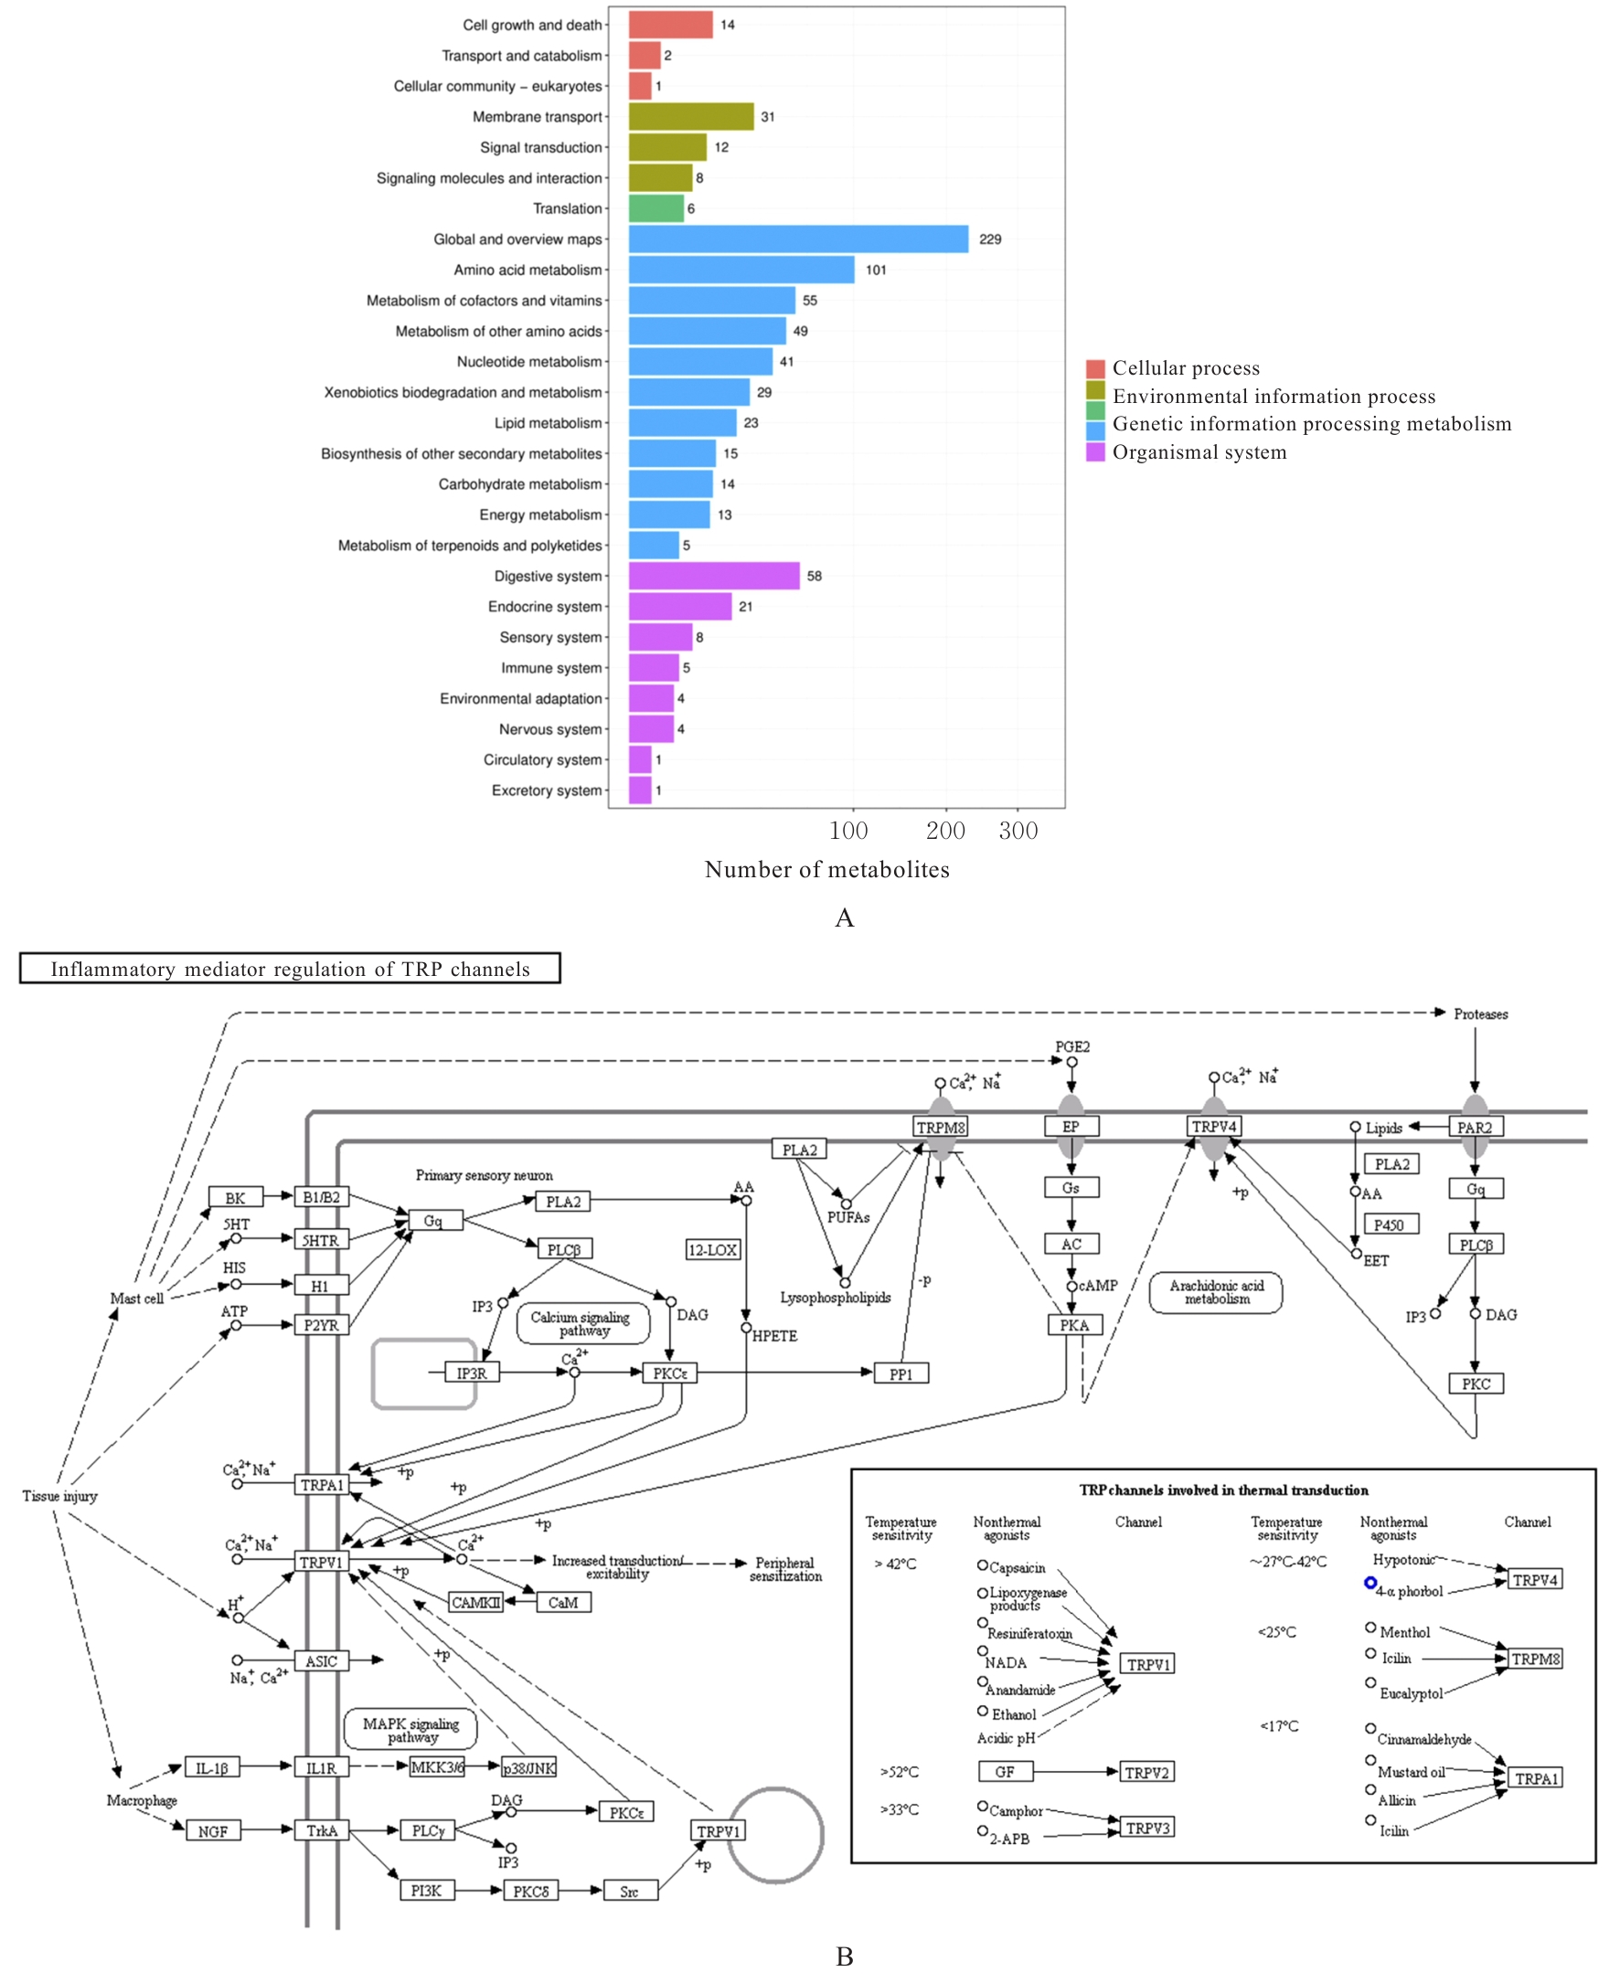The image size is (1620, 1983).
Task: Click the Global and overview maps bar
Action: click(x=798, y=239)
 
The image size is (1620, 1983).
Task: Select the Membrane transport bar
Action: click(x=690, y=117)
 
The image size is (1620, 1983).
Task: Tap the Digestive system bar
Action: click(x=714, y=576)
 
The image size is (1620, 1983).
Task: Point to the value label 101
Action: click(x=875, y=270)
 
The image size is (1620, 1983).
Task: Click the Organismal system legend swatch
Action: click(x=1094, y=452)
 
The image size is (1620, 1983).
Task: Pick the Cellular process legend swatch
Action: click(x=1094, y=368)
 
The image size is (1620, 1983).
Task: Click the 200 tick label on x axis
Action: click(x=945, y=831)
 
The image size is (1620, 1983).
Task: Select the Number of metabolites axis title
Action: click(x=826, y=869)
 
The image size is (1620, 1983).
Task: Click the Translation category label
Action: click(x=568, y=209)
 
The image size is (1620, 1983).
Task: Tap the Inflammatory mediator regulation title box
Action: click(x=289, y=968)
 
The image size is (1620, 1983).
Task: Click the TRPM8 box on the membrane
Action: click(x=941, y=1127)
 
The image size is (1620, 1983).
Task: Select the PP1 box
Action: click(x=901, y=1373)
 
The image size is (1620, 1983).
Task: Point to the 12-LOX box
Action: click(x=713, y=1250)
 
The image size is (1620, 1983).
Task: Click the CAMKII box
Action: click(x=476, y=1603)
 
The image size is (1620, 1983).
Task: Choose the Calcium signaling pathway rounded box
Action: click(x=582, y=1323)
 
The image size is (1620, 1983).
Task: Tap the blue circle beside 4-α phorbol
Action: click(x=1370, y=1583)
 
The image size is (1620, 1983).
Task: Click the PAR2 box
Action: click(x=1475, y=1127)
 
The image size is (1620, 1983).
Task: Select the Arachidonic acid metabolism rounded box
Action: click(x=1216, y=1292)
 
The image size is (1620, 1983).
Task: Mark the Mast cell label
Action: click(x=136, y=1299)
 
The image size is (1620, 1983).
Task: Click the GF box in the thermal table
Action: click(x=1005, y=1771)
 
